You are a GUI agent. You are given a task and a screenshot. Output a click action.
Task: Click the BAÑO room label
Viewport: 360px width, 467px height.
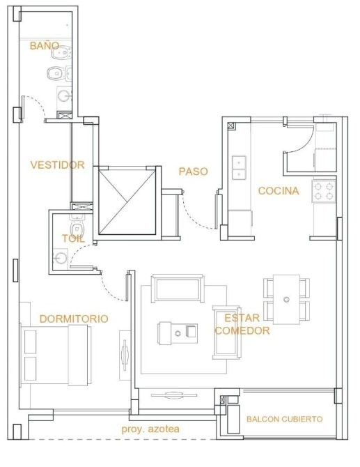click(x=45, y=45)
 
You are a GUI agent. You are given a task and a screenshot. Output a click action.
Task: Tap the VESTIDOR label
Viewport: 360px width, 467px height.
click(x=57, y=164)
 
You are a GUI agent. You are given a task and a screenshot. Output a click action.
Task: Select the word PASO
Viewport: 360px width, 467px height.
click(x=193, y=171)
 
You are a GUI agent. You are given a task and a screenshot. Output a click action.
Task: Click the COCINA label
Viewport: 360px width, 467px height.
click(x=279, y=190)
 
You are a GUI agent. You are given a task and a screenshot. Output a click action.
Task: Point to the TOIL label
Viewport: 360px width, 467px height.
click(x=73, y=238)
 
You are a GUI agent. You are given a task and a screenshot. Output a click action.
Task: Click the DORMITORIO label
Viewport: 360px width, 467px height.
click(x=74, y=319)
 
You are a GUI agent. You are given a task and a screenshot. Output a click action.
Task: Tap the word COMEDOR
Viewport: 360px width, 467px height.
click(x=242, y=330)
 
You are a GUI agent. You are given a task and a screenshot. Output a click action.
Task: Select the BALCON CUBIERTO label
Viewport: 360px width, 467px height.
click(x=284, y=419)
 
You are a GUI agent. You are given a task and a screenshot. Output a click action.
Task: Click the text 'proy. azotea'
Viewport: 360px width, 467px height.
click(x=150, y=429)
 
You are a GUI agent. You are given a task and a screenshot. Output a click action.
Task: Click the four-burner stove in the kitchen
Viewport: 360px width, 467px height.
click(x=324, y=191)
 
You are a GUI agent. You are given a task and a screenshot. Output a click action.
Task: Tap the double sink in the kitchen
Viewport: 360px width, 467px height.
click(x=239, y=168)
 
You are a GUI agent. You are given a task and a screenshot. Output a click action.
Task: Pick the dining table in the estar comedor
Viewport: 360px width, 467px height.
click(x=286, y=299)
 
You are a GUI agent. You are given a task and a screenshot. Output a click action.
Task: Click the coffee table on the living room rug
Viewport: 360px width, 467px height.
click(x=178, y=333)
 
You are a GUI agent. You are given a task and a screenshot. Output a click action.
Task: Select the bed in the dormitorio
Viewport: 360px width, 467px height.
click(x=56, y=355)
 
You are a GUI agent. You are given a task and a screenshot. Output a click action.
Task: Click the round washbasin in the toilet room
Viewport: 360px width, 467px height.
click(x=61, y=258)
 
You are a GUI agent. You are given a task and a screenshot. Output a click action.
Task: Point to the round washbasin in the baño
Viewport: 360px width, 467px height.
click(x=64, y=96)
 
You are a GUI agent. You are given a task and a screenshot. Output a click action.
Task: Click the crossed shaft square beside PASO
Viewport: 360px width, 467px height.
click(x=127, y=201)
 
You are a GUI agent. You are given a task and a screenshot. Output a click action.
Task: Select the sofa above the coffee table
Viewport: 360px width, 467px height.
click(x=178, y=289)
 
